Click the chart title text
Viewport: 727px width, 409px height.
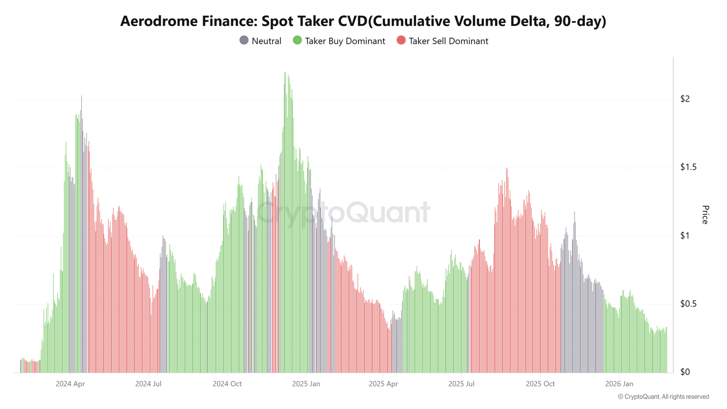tap(363, 21)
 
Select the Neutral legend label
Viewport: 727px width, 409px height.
tap(266, 41)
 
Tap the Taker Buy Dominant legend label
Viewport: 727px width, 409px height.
tap(345, 41)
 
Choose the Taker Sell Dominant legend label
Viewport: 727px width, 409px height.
tap(448, 41)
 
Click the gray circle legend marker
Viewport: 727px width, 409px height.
tap(244, 40)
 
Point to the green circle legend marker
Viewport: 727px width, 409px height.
tap(297, 40)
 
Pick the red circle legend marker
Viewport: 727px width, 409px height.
tap(401, 40)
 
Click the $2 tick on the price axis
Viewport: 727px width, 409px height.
tap(685, 99)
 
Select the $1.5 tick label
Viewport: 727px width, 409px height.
tap(688, 167)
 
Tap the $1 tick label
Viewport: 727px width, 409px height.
tap(685, 235)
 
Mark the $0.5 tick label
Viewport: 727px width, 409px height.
tap(688, 304)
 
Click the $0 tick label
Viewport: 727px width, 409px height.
tap(685, 372)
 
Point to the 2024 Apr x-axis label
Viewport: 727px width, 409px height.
tap(70, 384)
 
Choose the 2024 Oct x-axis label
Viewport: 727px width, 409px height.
tap(227, 384)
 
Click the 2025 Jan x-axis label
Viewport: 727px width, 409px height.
tap(306, 384)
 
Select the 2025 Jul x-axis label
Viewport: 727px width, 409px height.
tap(461, 384)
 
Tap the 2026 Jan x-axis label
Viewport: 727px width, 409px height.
tap(619, 384)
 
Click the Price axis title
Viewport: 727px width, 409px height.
tap(705, 214)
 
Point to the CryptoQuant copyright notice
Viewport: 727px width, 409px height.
tap(663, 397)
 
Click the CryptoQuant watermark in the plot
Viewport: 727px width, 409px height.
tap(343, 213)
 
